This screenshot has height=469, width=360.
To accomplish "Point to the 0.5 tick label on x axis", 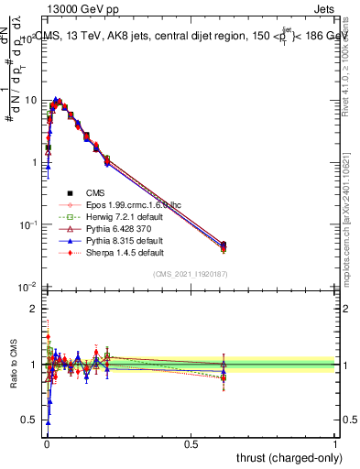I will click(191, 444).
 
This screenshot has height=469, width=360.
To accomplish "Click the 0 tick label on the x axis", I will click(46, 444).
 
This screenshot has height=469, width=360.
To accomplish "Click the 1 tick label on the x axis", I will click(335, 444).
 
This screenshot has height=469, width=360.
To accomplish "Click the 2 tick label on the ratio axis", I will click(33, 309).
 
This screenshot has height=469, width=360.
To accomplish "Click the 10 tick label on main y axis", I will click(29, 100).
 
